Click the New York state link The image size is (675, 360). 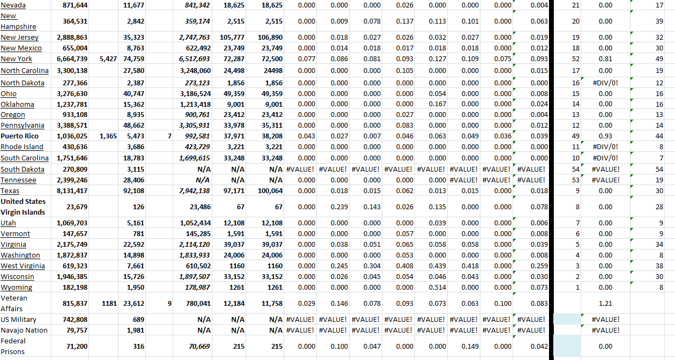[17, 59]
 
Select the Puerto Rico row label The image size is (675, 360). [20, 136]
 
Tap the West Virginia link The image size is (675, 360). [23, 266]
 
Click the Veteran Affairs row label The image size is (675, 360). [14, 303]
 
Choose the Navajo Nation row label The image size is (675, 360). [24, 330]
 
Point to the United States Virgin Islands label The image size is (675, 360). [23, 207]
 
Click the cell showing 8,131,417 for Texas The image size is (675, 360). [72, 191]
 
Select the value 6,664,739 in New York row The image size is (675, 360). [72, 59]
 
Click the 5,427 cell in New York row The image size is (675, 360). [108, 59]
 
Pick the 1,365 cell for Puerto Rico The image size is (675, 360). [108, 136]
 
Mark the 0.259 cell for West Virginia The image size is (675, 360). [540, 266]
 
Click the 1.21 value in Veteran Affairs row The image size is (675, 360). [605, 304]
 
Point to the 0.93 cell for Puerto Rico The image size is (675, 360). [605, 136]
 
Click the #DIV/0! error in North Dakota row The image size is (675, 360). [605, 83]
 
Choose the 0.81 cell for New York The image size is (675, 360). [605, 59]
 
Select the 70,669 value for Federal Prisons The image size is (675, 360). [197, 347]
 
